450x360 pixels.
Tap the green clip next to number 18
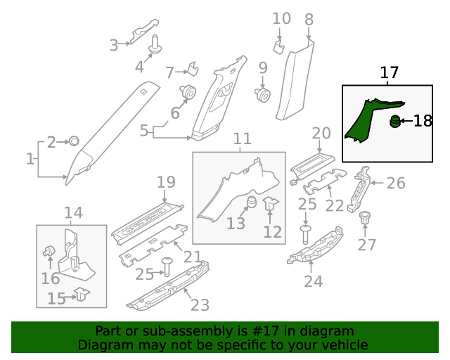coord(395,122)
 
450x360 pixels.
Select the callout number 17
coord(390,72)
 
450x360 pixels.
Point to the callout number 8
coord(309,20)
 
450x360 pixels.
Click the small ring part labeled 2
coord(73,141)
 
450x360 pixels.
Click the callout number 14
coord(73,213)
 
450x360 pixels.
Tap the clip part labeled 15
coord(82,294)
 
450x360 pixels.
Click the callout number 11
coord(242,139)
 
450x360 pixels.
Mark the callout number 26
coord(396,184)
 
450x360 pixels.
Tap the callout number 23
coord(200,305)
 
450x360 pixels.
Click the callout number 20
coord(321,133)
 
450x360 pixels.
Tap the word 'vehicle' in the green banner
coord(345,345)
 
